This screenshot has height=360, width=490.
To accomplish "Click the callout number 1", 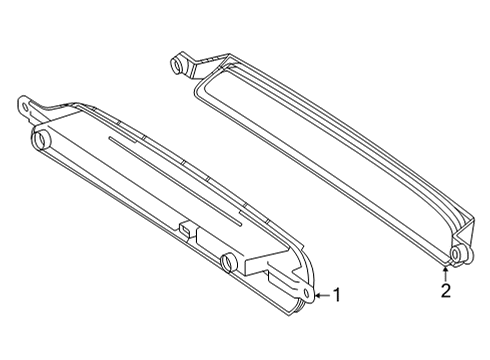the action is [337, 295].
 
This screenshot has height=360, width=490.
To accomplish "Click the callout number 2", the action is [446, 290].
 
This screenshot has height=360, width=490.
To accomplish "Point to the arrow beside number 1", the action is [323, 295].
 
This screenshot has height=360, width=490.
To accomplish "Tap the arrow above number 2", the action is [445, 274].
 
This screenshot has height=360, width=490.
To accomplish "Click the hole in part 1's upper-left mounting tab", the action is [24, 107].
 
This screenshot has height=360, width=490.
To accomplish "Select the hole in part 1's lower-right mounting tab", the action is [307, 293].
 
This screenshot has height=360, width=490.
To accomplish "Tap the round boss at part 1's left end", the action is [41, 139].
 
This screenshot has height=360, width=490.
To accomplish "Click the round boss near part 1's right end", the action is [229, 262].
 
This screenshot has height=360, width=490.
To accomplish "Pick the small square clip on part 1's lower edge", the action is [187, 230].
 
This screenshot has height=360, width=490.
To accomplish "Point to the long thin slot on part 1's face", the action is [175, 180].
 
